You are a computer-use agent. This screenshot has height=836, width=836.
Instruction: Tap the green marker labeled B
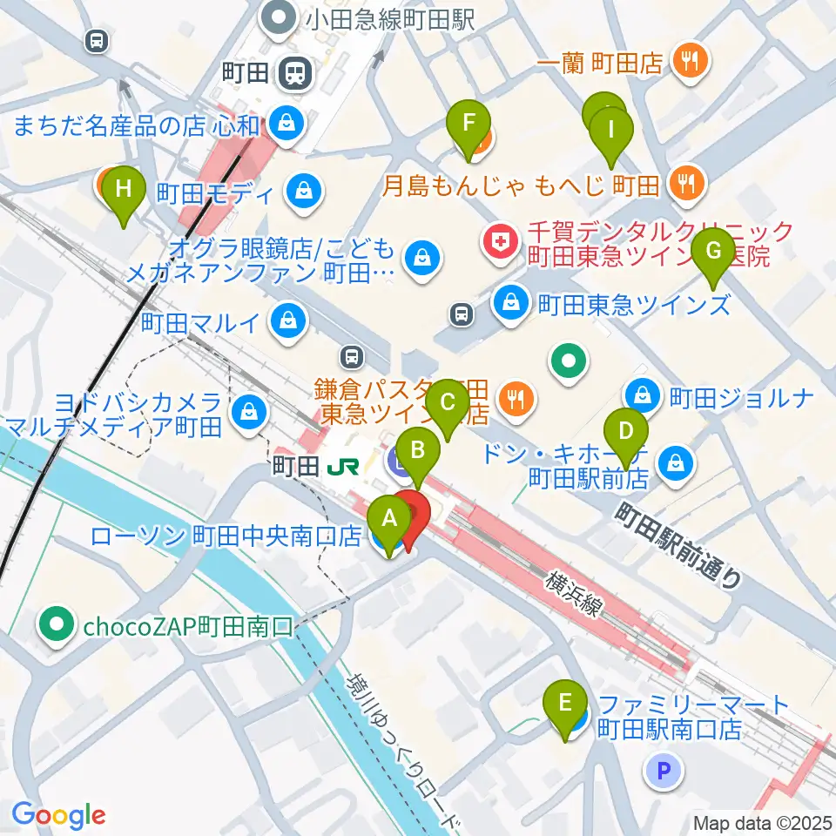coord(418,454)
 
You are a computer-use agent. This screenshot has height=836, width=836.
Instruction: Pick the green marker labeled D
coord(625,433)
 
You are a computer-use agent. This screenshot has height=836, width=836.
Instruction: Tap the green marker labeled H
coord(124,191)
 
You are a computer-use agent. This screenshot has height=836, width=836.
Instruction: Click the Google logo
coord(58,815)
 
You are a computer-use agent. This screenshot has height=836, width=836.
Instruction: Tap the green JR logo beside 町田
coord(343,468)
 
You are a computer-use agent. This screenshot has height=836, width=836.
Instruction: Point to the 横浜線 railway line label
coord(576,594)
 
